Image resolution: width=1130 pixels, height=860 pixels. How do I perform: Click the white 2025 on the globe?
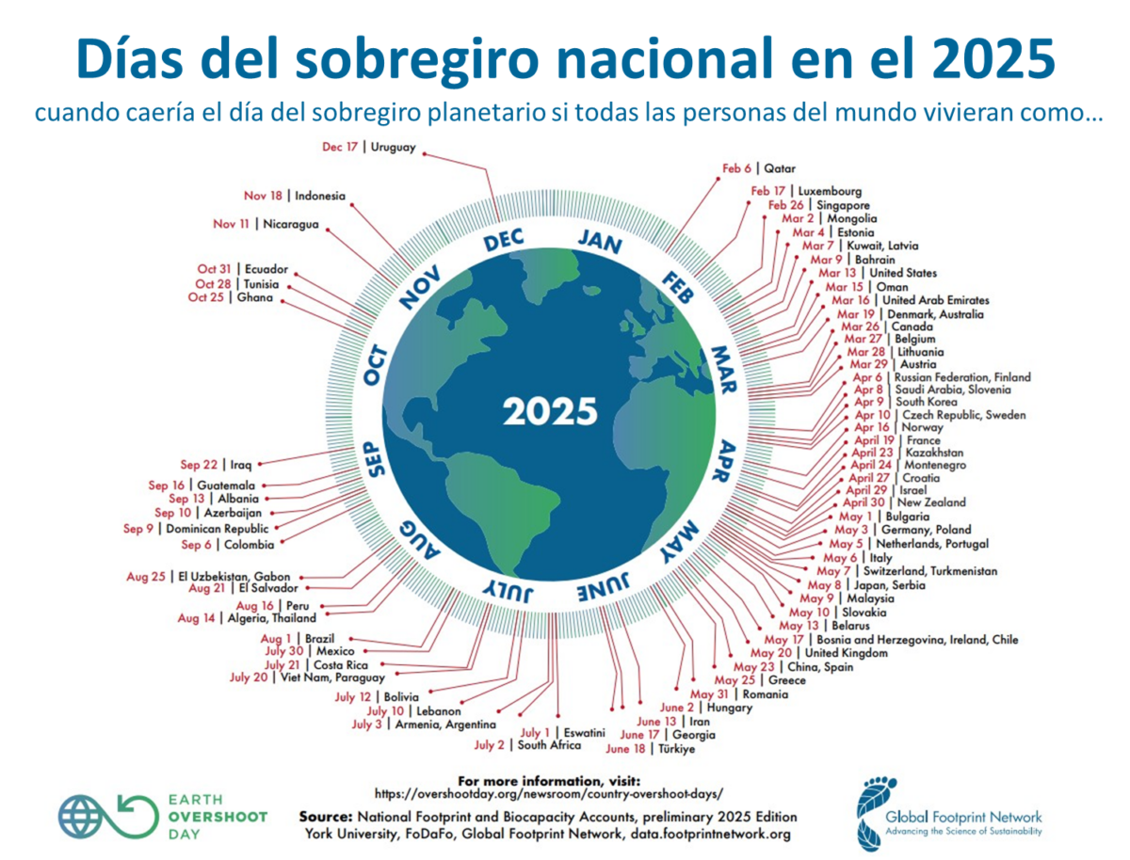click(x=549, y=411)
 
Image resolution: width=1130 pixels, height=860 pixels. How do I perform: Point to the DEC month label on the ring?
click(x=503, y=241)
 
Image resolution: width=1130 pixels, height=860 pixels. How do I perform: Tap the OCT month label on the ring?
click(x=375, y=366)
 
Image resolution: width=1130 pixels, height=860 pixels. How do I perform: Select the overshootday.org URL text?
click(x=549, y=794)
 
